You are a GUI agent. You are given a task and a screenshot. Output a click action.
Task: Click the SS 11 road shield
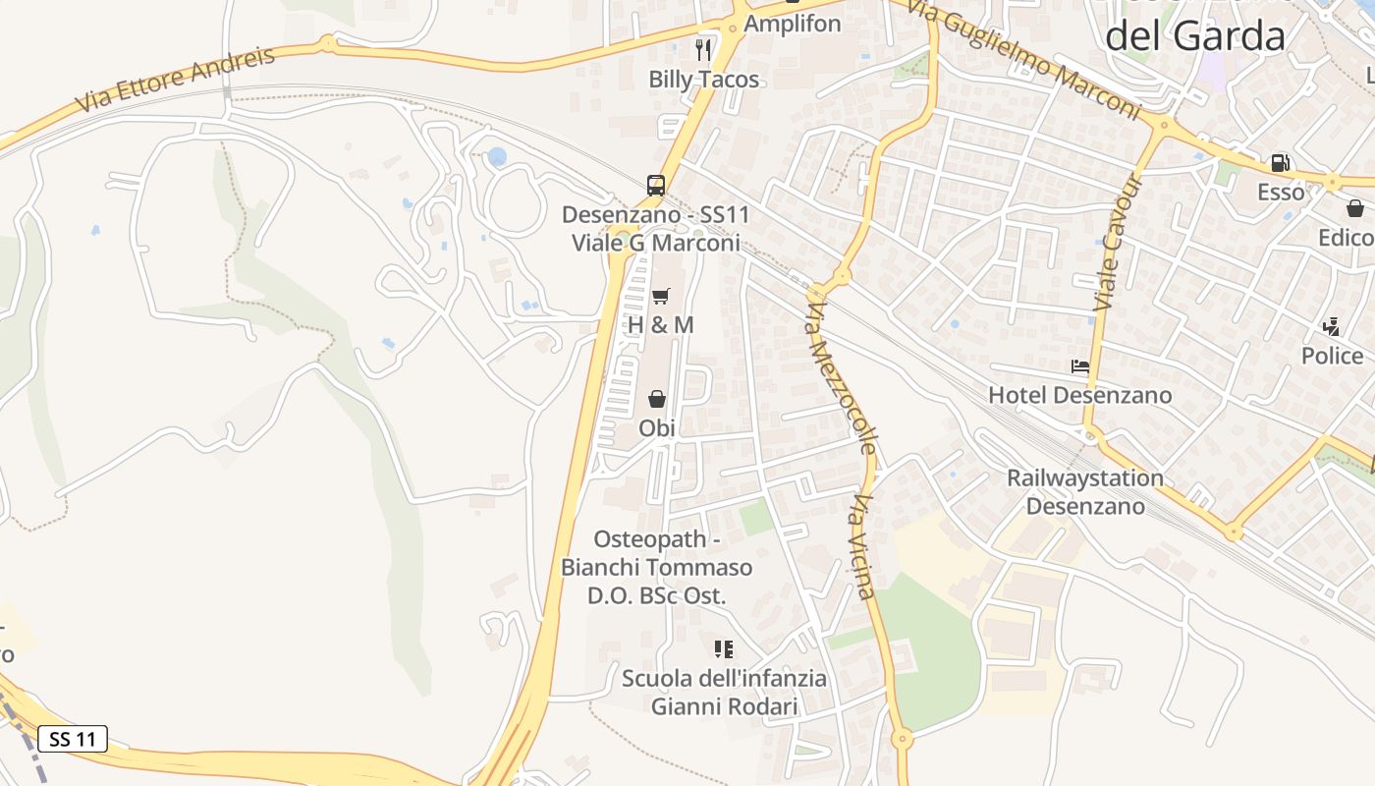point(73,739)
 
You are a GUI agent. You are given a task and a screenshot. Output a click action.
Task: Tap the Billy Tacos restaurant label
point(704,80)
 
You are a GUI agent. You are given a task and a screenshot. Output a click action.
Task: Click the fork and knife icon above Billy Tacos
point(703,49)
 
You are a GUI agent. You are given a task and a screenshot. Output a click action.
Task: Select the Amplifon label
point(793,24)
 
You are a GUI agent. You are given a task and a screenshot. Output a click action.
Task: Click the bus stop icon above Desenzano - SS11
point(656,185)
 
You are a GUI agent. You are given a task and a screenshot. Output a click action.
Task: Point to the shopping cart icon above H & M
point(660,296)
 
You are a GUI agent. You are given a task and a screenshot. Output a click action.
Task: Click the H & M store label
point(660,324)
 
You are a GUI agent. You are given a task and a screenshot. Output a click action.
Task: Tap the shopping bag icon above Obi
point(657,399)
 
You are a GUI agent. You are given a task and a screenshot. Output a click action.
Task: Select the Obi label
point(657,428)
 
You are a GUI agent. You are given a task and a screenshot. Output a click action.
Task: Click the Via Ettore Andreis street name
point(177,79)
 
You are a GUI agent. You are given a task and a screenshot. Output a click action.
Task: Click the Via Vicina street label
point(862,546)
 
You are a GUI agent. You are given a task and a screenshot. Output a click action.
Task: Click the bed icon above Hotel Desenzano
point(1080,366)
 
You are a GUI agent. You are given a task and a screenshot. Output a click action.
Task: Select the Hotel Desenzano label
point(1079,395)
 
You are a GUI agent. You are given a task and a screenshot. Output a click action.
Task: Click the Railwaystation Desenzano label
point(1085,492)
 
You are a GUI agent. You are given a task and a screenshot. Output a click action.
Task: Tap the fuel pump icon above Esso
point(1281,163)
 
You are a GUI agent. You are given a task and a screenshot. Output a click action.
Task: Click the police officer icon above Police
point(1332,326)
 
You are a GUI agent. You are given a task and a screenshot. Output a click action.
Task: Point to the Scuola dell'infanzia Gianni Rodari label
point(724,692)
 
